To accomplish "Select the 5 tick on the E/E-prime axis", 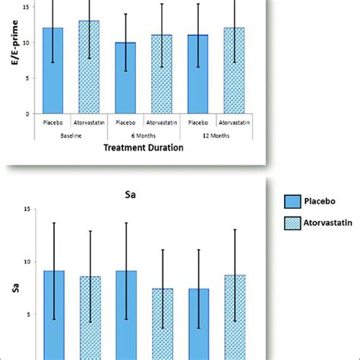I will pyautogui.click(x=28, y=78).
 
